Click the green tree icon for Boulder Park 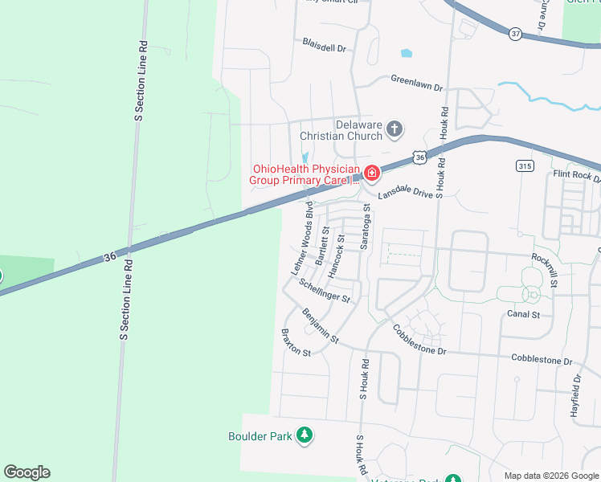305,436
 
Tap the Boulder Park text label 260,436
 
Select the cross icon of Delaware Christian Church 394,129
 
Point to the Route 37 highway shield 515,34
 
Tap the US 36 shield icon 420,158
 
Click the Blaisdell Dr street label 324,44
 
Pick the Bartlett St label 322,246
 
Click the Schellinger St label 325,291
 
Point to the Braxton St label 296,342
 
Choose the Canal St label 523,314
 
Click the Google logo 27,472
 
